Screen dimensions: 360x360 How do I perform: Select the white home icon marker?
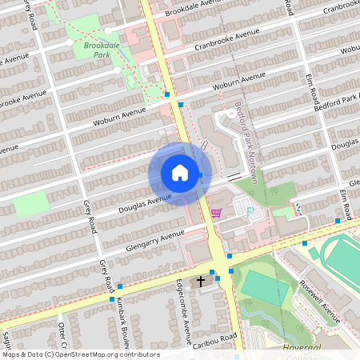pyautogui.click(x=180, y=172)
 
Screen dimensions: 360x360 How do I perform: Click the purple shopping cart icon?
pyautogui.click(x=216, y=214)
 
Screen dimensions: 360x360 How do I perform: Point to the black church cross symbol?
pyautogui.click(x=202, y=281)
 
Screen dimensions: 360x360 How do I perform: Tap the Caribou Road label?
pyautogui.click(x=214, y=341)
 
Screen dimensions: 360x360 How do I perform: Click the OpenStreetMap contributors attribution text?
pyautogui.click(x=80, y=354)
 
